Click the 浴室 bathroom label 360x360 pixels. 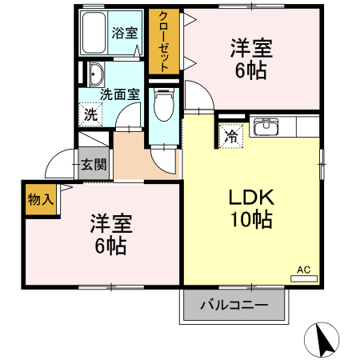coord(124,34)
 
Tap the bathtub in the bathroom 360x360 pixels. coord(94,34)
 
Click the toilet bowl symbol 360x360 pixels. coord(163,102)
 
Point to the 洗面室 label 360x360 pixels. coord(119,94)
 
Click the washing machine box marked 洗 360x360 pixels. coord(90,114)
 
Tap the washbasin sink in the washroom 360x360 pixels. coord(95,71)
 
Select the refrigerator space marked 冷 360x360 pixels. coord(230,135)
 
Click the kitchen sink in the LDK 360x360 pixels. coord(266,127)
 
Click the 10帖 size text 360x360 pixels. coord(252,218)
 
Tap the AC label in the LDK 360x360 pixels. coord(304,270)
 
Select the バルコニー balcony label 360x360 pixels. coord(234,304)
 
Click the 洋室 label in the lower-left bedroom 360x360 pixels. coord(110,222)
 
